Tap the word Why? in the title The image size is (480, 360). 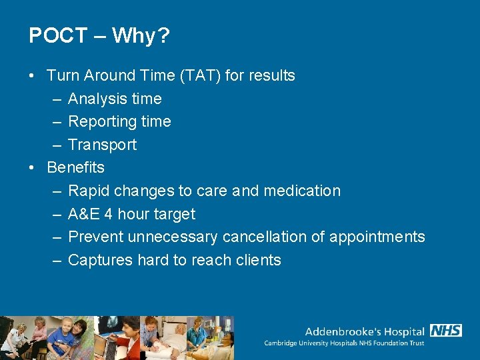pos(141,35)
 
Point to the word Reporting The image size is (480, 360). pos(100,122)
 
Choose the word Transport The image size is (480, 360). pos(102,145)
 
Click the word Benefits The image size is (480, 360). pos(75,167)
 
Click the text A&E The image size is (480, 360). pos(83,214)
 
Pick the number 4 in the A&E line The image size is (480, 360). pos(107,214)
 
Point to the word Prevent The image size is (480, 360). pos(95,237)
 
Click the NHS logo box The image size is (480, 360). pos(446,331)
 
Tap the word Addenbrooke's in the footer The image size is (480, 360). pos(338,331)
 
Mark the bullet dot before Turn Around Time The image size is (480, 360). pos(33,76)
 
